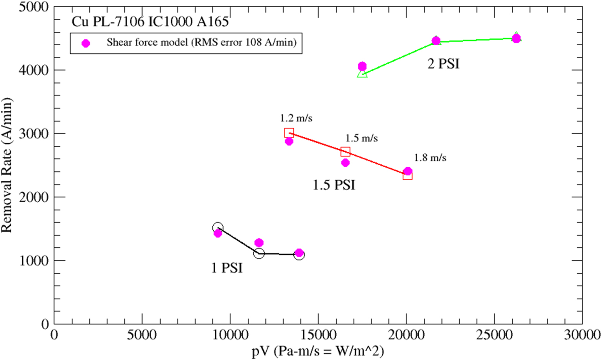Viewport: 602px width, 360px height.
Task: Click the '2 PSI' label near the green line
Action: point(443,64)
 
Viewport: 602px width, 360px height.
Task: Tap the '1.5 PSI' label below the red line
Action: point(334,185)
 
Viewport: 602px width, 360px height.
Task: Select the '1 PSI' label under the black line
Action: point(227,268)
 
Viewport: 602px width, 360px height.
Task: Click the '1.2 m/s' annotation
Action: point(296,118)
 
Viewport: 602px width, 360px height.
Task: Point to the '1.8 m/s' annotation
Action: point(430,158)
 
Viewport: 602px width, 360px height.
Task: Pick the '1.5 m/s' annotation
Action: point(361,138)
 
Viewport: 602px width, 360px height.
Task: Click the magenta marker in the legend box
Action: point(86,43)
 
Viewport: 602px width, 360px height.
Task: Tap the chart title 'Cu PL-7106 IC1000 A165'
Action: point(150,22)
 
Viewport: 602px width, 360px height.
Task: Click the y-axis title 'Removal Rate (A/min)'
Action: point(7,165)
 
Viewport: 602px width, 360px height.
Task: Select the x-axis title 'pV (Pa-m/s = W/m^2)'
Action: point(318,351)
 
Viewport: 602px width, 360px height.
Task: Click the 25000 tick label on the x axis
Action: point(494,335)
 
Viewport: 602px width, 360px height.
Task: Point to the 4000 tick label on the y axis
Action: point(34,70)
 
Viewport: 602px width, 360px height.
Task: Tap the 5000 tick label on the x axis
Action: point(142,335)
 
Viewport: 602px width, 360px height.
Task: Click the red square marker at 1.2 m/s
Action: point(289,133)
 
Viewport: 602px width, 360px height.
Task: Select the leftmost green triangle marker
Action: point(362,73)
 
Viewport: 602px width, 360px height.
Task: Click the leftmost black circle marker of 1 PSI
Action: point(218,228)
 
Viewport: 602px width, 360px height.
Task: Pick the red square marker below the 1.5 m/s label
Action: point(345,151)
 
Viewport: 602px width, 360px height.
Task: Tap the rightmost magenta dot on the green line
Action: point(516,38)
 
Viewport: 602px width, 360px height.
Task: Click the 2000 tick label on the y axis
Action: point(34,197)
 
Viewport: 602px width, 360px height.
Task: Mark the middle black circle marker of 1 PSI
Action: point(259,253)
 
